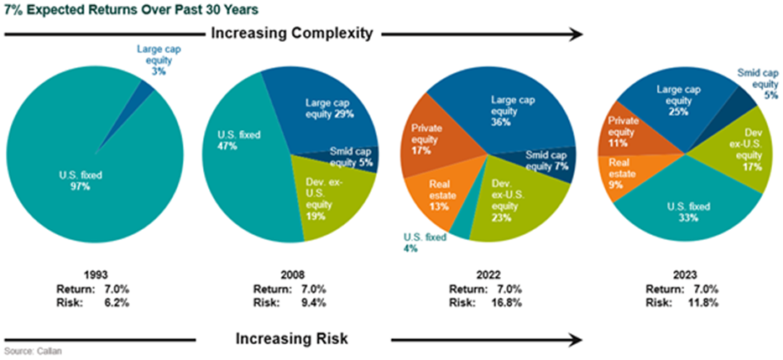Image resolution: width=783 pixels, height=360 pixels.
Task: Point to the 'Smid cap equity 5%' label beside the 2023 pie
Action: [x=759, y=85]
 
